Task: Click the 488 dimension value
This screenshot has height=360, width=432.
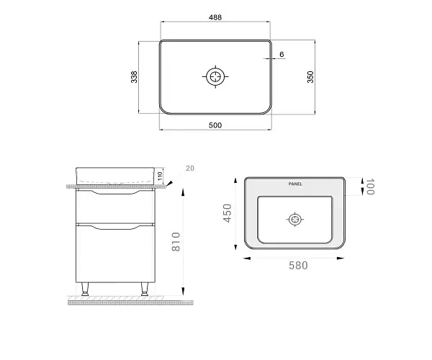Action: pyautogui.click(x=215, y=17)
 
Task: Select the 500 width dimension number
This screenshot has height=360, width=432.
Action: pyautogui.click(x=215, y=125)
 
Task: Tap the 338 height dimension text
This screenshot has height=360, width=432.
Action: pyautogui.click(x=134, y=77)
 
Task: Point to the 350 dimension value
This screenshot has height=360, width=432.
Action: pyautogui.click(x=310, y=77)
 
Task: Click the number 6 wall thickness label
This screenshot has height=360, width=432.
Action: pyautogui.click(x=282, y=54)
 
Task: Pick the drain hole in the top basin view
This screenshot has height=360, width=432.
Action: pyautogui.click(x=215, y=76)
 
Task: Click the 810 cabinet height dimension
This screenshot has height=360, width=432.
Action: pyautogui.click(x=176, y=242)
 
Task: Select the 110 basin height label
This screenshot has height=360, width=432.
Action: pyautogui.click(x=160, y=176)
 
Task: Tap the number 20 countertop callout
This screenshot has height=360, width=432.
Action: pyautogui.click(x=190, y=168)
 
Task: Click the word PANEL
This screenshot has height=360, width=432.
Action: pyautogui.click(x=295, y=184)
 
